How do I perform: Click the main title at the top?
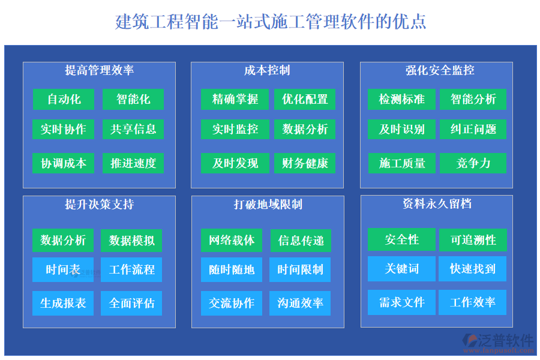(271, 22)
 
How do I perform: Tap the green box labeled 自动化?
(64, 99)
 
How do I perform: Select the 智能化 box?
(133, 99)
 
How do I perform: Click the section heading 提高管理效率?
(99, 71)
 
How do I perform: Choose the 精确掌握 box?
(235, 99)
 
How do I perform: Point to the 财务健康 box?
(305, 163)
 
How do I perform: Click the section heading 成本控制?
(267, 71)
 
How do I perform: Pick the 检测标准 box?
(401, 99)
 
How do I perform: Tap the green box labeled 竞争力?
(473, 163)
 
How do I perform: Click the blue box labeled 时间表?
(63, 270)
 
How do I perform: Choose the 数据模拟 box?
(131, 241)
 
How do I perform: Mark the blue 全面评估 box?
(131, 303)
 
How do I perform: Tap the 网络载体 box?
(232, 241)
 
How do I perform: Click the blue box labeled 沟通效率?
(300, 303)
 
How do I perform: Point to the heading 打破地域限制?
(268, 205)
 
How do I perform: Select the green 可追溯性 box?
(473, 240)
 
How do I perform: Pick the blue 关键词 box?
(401, 269)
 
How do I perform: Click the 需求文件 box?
(401, 302)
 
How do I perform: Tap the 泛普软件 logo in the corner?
(497, 341)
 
